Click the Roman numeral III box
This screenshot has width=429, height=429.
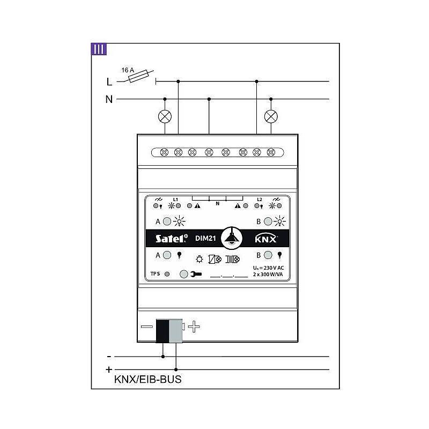pos(99,49)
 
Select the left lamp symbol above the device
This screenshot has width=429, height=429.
pos(165,116)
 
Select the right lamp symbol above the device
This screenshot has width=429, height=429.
pos(271,116)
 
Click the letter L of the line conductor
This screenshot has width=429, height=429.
pos(109,82)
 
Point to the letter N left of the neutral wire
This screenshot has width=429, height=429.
pos(109,99)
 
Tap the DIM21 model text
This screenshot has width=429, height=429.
pos(203,239)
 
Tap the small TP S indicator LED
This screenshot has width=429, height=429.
pos(167,273)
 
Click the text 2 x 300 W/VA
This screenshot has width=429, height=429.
pos(268,274)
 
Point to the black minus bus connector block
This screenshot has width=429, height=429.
pos(162,330)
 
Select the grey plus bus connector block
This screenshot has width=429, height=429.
pos(176,330)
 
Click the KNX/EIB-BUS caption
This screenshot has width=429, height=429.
pos(148,380)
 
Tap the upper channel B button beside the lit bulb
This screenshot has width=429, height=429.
pos(268,221)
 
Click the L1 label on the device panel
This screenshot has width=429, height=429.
pos(175,199)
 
